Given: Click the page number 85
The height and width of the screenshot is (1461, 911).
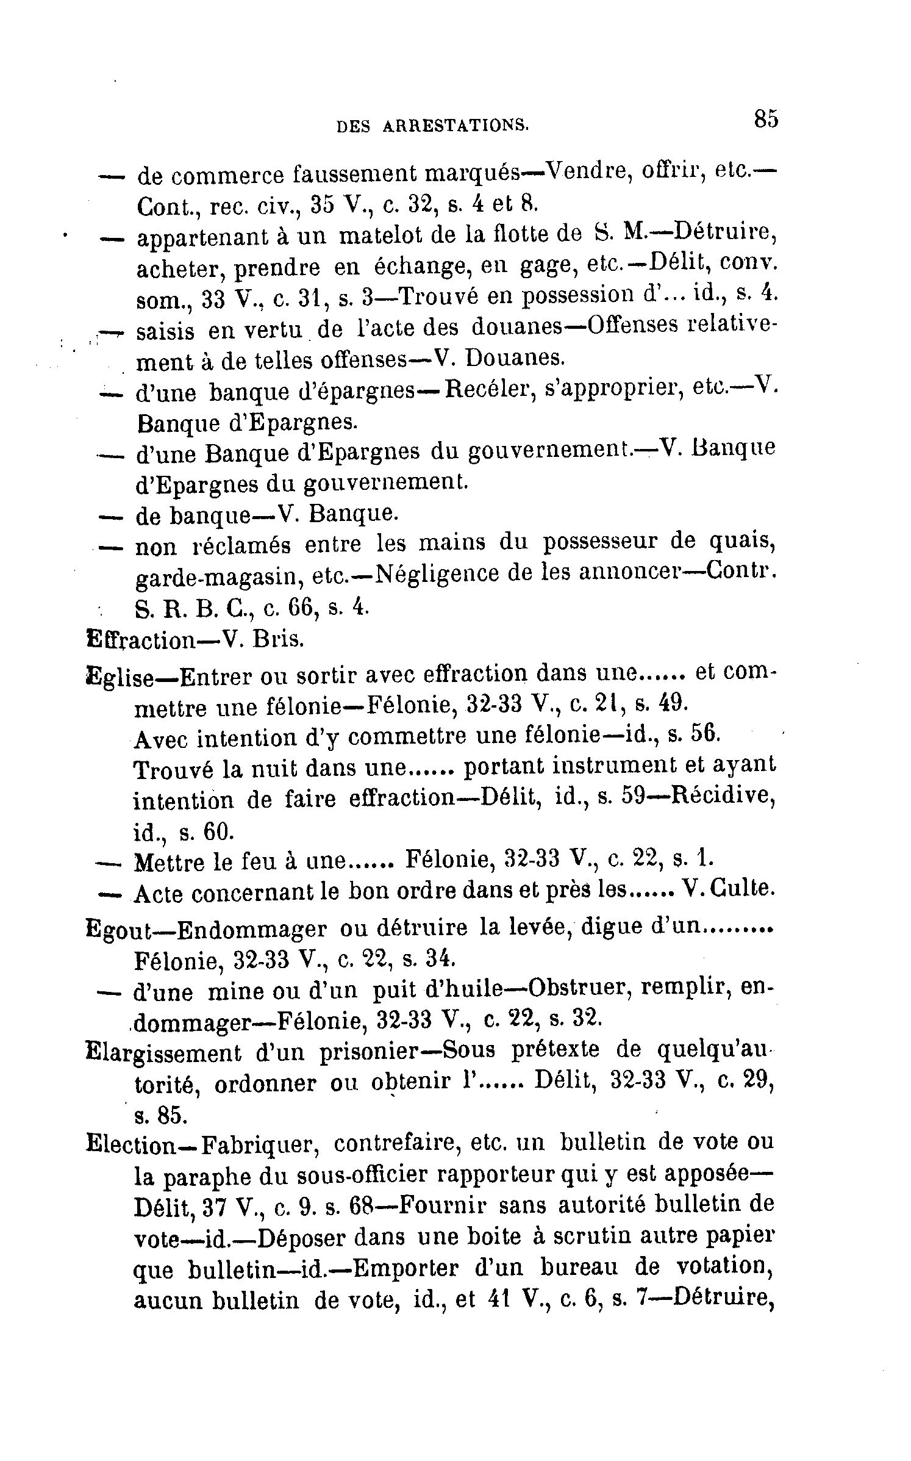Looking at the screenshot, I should coord(765,118).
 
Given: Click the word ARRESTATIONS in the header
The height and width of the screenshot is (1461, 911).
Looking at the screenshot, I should coord(455,125).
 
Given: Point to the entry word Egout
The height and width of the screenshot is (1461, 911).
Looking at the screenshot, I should coord(121,929).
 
